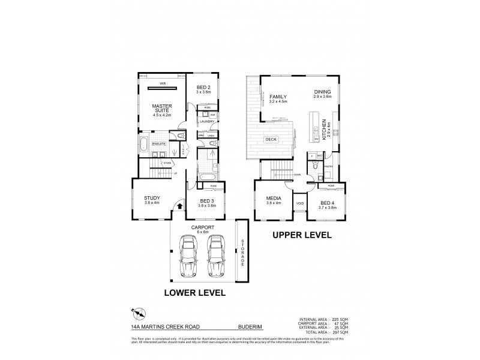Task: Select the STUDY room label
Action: tap(151, 198)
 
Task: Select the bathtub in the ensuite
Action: tap(145, 145)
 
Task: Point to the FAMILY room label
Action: tap(278, 97)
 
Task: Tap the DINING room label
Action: tap(323, 92)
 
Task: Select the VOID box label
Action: tap(300, 203)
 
